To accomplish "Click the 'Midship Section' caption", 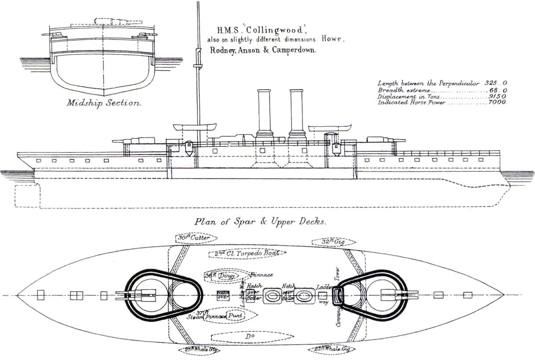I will tap(103, 103).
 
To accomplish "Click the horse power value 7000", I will tap(497, 102).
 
